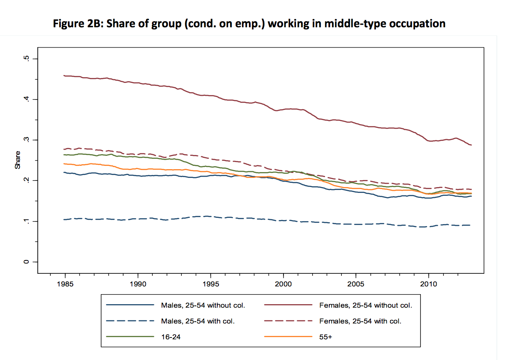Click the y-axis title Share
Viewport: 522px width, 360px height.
click(x=17, y=160)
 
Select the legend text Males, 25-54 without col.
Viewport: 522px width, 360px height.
click(x=203, y=305)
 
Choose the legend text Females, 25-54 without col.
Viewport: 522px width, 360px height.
click(x=365, y=305)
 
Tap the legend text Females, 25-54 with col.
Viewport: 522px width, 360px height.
click(x=360, y=322)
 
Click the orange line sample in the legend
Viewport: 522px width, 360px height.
click(x=288, y=337)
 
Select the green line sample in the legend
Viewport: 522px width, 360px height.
click(x=130, y=337)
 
